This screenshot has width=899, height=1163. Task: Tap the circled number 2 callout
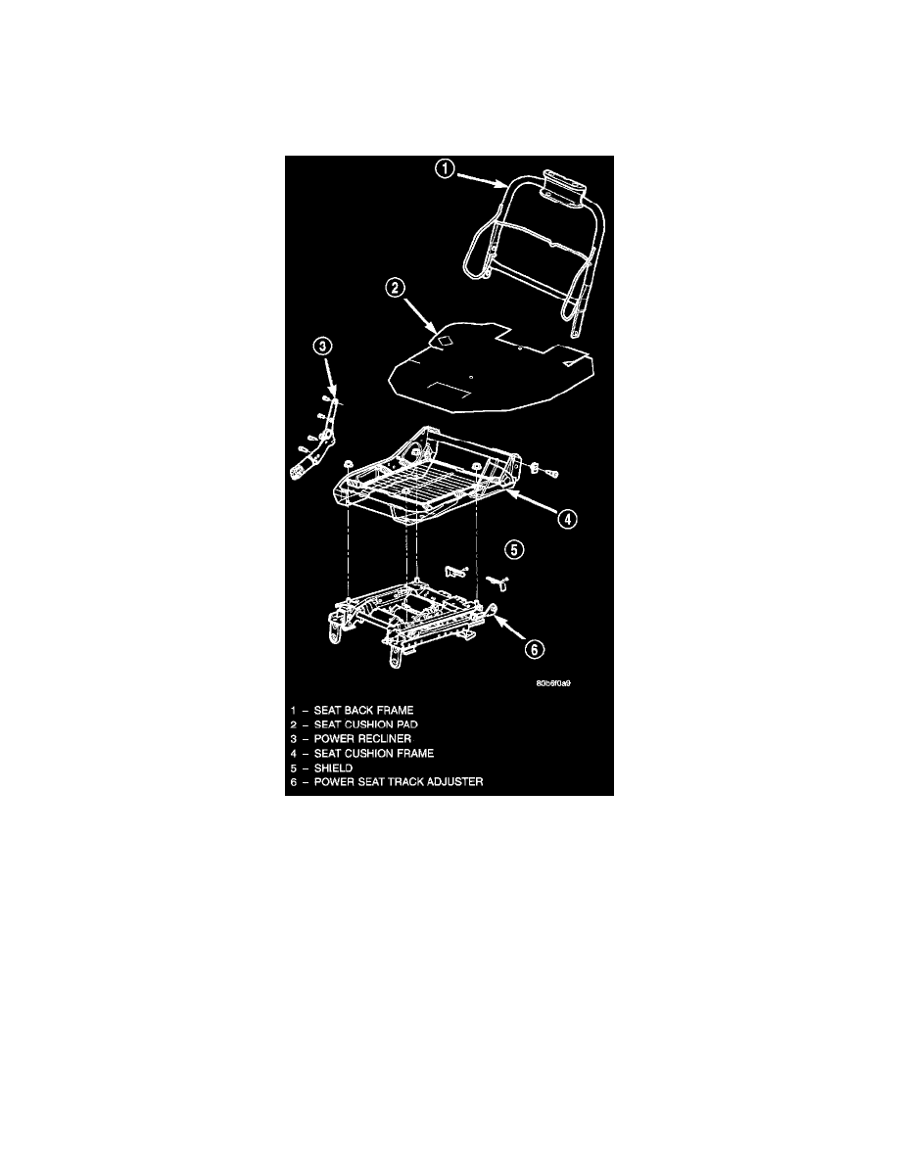393,288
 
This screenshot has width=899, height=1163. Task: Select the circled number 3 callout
323,346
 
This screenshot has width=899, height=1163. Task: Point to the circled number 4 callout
566,520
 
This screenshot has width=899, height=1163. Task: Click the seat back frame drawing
535,245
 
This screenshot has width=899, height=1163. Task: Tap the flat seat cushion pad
490,372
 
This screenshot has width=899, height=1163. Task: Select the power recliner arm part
318,441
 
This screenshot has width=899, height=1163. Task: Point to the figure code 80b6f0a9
552,684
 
